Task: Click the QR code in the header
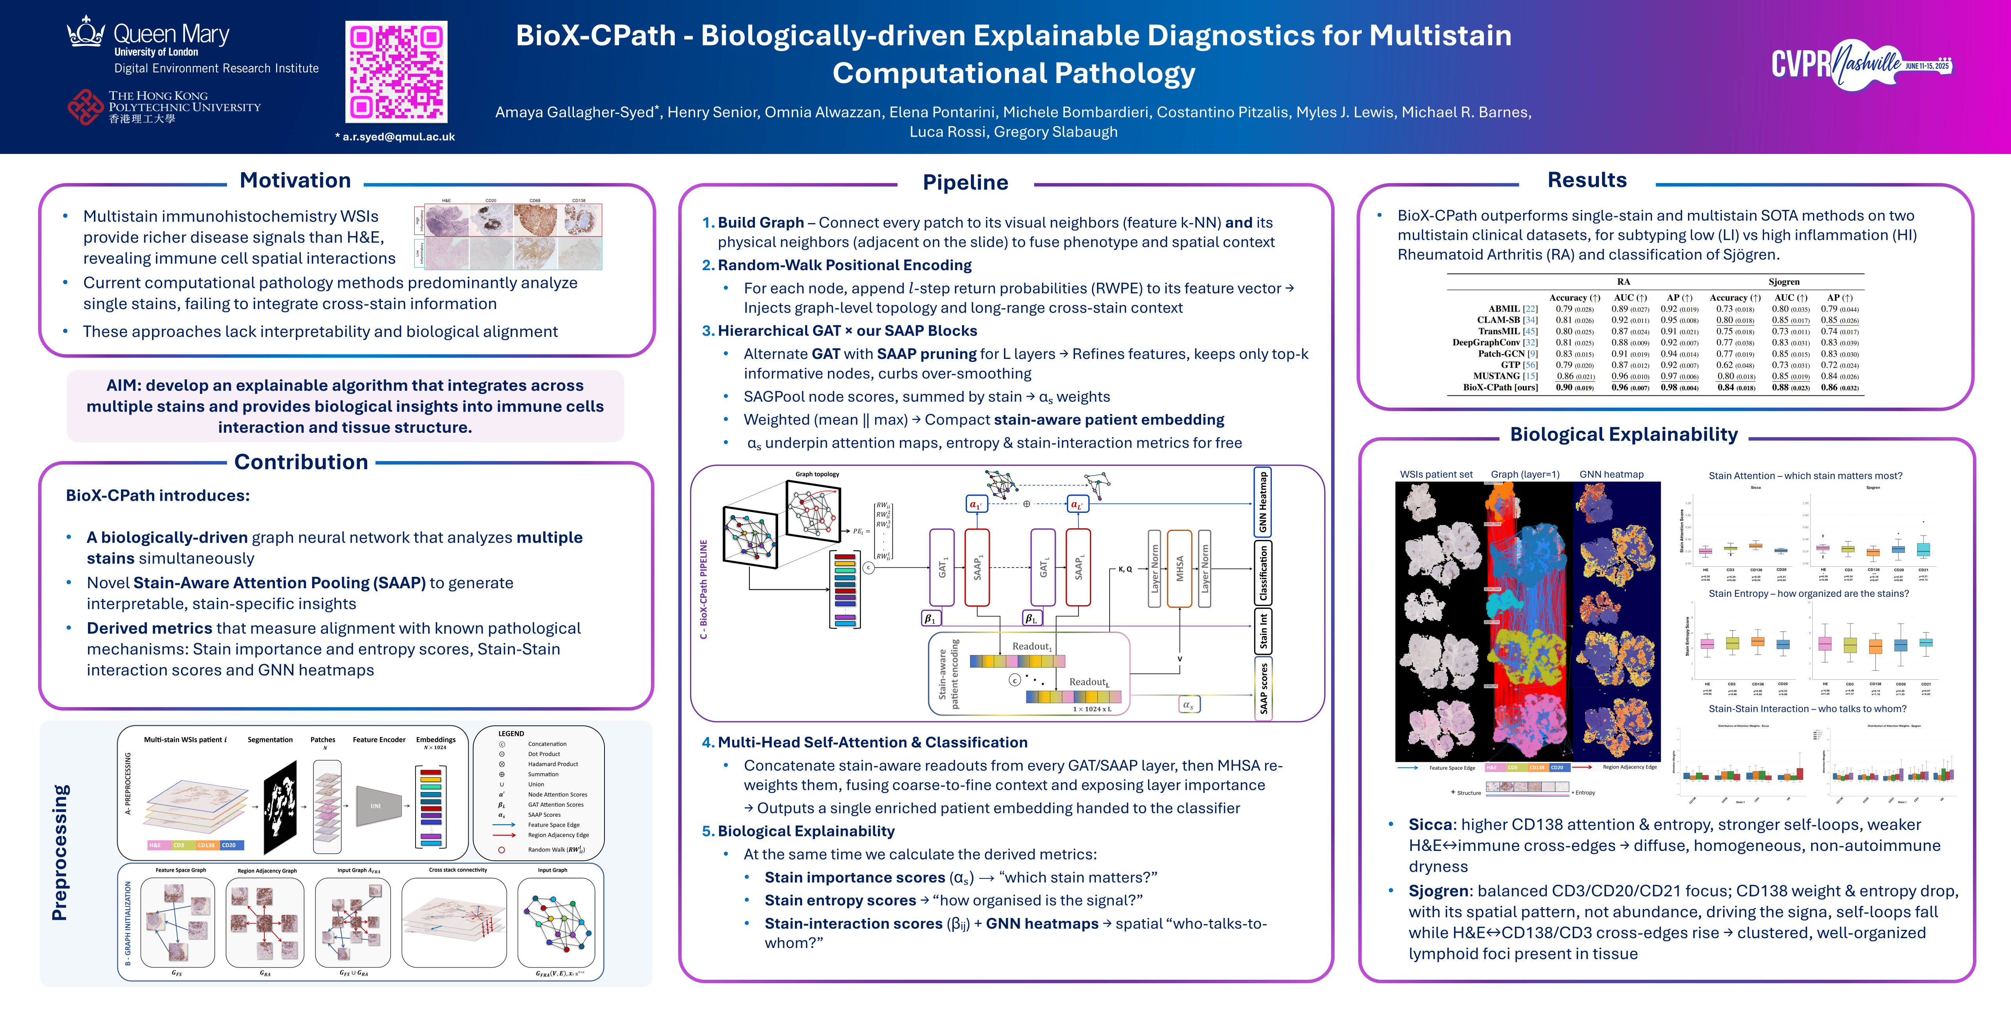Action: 397,72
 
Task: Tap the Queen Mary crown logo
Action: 86,33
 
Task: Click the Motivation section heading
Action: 295,180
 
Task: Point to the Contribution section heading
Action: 301,462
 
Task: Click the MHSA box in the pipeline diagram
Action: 1179,568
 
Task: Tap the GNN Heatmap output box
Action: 1262,502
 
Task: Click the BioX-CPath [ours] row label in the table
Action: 1500,387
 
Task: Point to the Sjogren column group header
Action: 1784,282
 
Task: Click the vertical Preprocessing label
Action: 60,852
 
